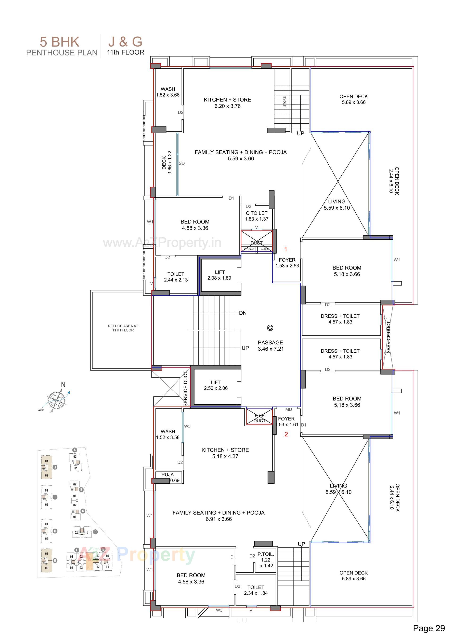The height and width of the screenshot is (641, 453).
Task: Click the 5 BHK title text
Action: click(x=59, y=42)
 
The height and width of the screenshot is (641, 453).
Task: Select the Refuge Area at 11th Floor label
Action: click(x=123, y=328)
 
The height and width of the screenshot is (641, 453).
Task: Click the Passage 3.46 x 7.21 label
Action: click(x=270, y=345)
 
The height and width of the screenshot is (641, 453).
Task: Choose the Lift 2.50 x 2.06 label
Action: click(x=216, y=385)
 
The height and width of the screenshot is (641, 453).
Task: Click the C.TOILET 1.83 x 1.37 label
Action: click(x=256, y=216)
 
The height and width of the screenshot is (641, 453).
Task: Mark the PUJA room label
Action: click(x=168, y=475)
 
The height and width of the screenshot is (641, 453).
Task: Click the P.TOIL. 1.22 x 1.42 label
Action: click(x=266, y=560)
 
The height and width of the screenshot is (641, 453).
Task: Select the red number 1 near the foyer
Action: click(x=285, y=249)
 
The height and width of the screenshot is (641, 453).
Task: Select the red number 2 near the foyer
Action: click(x=286, y=434)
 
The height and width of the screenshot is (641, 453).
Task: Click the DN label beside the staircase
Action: click(x=243, y=313)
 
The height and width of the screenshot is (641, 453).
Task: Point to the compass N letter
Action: click(x=63, y=385)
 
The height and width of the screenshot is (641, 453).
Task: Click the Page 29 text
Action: click(x=429, y=628)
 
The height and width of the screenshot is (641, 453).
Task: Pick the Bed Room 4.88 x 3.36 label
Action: click(x=195, y=225)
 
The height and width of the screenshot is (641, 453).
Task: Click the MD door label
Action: click(x=289, y=409)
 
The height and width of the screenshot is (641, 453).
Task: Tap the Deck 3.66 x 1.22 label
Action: click(x=167, y=163)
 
